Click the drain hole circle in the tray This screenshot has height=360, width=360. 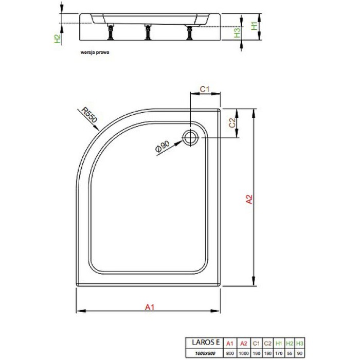pos(190,137)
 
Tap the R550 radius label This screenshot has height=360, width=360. pos(88,117)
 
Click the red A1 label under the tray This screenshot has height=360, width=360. pos(149,307)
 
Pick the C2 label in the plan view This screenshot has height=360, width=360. pos(232,123)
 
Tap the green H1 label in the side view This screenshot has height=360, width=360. pos(253,26)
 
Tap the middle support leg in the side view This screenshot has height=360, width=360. pos(148,33)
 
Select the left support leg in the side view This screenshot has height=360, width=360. pos(110,34)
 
